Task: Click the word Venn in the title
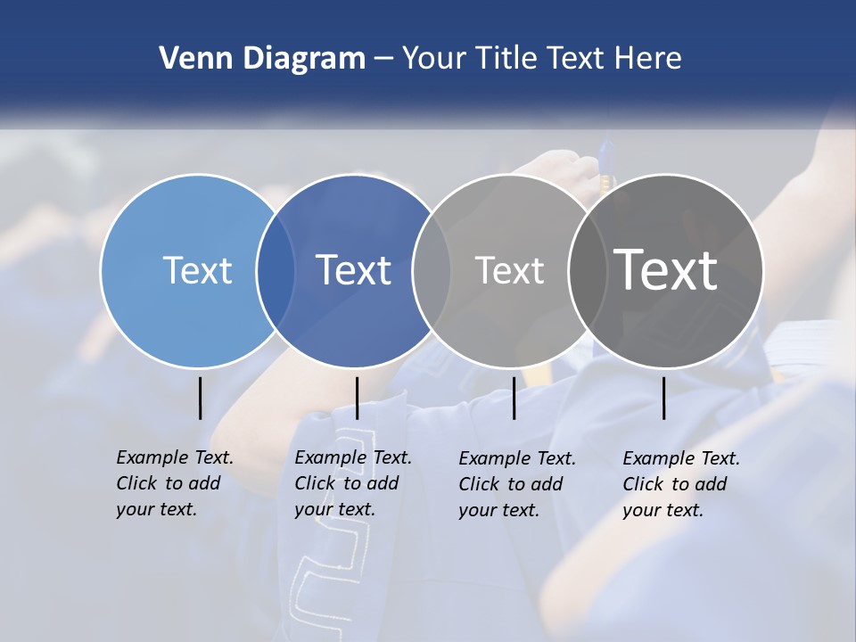click(191, 59)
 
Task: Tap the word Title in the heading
click(504, 59)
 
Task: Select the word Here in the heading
click(648, 59)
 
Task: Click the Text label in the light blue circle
click(197, 270)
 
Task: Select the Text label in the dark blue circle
click(354, 270)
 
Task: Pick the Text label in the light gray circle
click(509, 270)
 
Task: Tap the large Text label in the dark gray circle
click(666, 270)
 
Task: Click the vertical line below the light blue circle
click(201, 398)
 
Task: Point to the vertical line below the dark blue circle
click(357, 398)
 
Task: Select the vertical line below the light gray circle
click(514, 398)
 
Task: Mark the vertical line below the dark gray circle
click(664, 398)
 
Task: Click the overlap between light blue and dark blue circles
click(276, 271)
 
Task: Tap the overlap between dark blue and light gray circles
click(432, 271)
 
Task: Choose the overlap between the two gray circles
click(587, 271)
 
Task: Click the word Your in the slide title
click(433, 59)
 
